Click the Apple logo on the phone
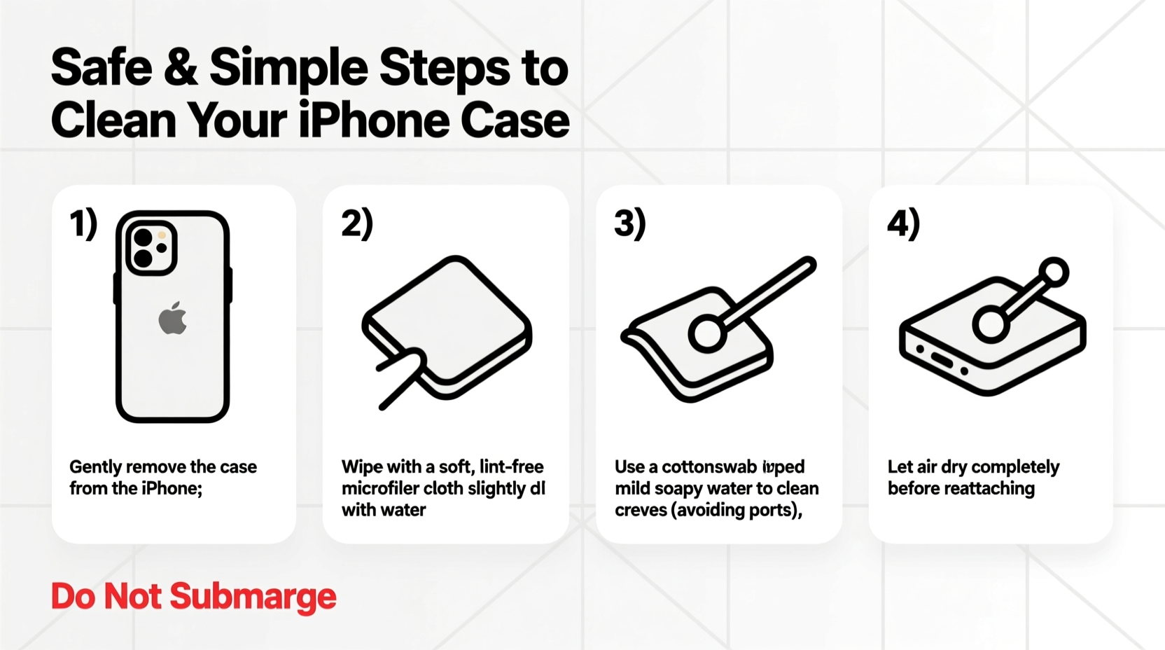pos(172,319)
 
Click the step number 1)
pos(83,224)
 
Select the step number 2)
pos(357,224)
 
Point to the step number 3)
pos(630,224)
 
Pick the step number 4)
pos(903,224)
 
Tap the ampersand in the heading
pos(181,68)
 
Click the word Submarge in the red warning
pos(253,597)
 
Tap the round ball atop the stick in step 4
pos(1053,272)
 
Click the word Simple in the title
pos(288,68)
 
